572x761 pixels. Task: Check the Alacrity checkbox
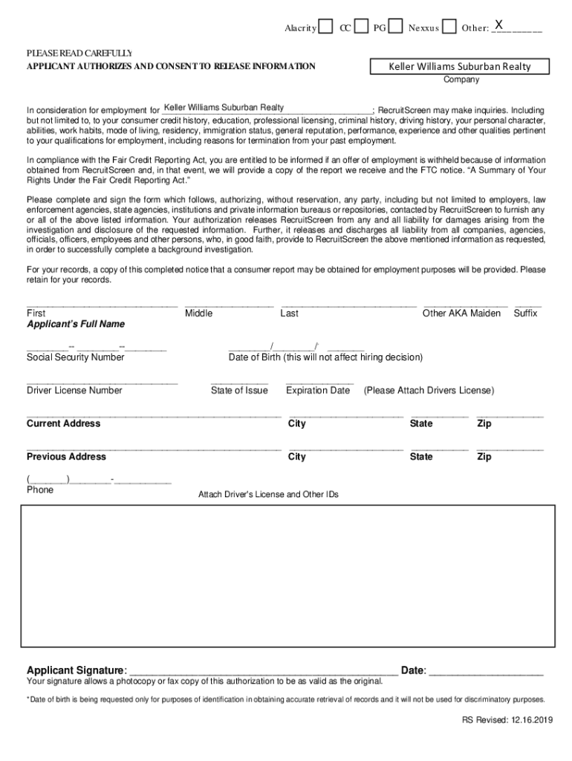pos(325,27)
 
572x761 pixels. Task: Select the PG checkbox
pos(396,27)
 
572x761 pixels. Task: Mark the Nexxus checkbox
pos(449,27)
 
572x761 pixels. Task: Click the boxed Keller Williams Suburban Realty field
pos(461,67)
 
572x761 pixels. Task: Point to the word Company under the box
pos(461,80)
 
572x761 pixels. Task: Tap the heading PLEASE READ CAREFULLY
pos(79,54)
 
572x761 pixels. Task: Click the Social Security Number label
pos(76,357)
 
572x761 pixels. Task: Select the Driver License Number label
pos(74,390)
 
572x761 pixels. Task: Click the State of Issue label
pos(239,390)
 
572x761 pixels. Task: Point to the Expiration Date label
pos(318,390)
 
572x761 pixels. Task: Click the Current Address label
pos(63,424)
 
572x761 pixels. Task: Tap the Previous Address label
pos(66,456)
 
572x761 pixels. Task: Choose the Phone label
pos(40,490)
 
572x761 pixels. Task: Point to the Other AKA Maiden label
pos(461,314)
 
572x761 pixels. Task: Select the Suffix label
pos(525,314)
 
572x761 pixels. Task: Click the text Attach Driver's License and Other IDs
pos(268,494)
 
